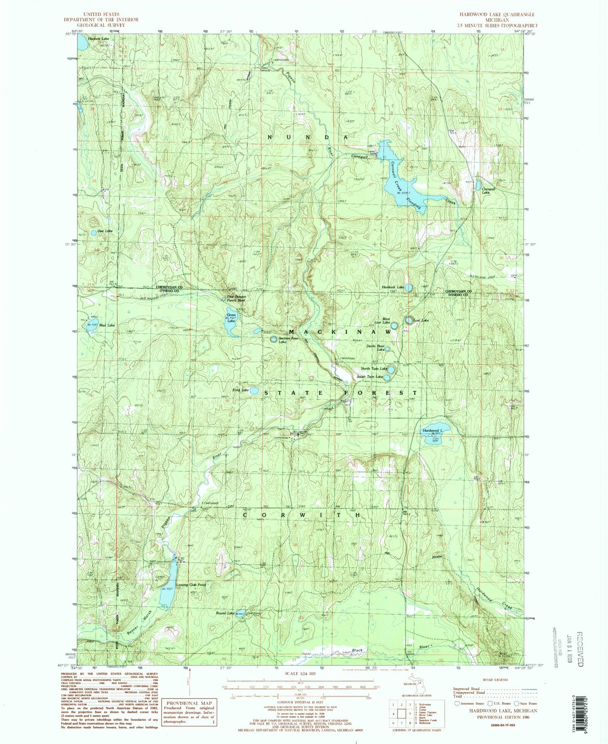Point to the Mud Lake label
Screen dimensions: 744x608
click(x=108, y=325)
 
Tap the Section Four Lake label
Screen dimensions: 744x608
click(x=288, y=340)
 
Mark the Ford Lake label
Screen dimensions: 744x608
click(x=241, y=390)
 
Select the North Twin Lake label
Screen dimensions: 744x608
click(x=371, y=369)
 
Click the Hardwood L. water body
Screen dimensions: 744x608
click(x=435, y=430)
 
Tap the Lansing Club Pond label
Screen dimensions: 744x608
click(x=191, y=585)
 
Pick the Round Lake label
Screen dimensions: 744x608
click(x=225, y=613)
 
